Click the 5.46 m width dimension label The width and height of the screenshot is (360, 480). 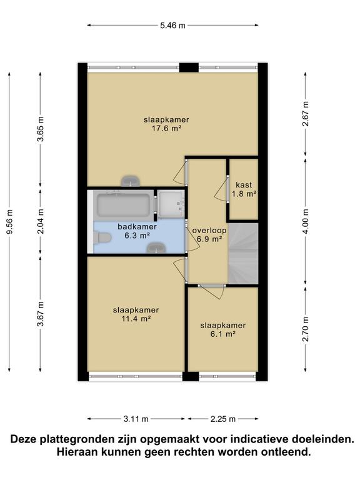point(172,26)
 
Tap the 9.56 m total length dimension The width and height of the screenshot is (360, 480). point(9,222)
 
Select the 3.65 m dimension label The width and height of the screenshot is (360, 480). point(41,129)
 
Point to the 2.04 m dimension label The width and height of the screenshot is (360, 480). point(41,221)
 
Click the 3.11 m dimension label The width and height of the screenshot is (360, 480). point(136,419)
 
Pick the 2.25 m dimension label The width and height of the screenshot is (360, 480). point(223,419)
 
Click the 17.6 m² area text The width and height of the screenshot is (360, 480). point(166,128)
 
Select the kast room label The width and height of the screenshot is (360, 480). point(244,185)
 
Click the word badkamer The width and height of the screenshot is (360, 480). point(137,226)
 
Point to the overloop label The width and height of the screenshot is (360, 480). point(209,230)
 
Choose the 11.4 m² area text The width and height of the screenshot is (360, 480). point(136,319)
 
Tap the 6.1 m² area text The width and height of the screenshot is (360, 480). point(223,334)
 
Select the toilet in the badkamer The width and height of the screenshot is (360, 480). point(101,238)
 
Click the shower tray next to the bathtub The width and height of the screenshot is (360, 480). point(171,203)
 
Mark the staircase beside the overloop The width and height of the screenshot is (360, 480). point(243,253)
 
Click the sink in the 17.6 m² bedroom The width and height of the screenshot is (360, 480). point(131,181)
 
